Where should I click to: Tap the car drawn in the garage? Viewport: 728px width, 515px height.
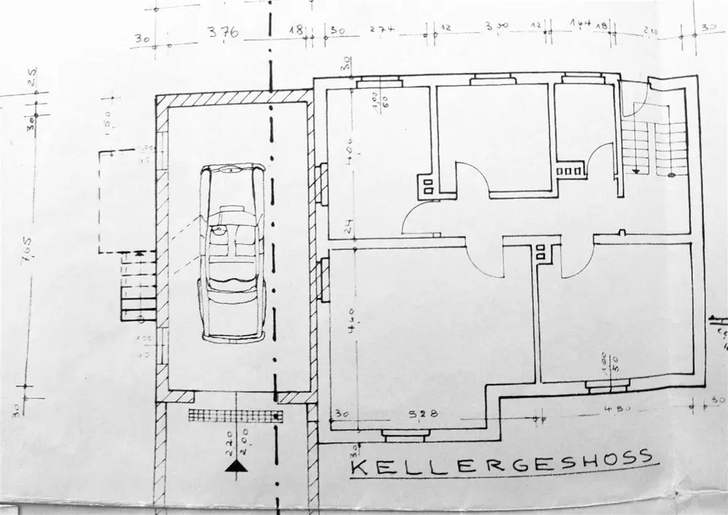click(234, 252)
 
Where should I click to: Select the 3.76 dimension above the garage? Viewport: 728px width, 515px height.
click(223, 34)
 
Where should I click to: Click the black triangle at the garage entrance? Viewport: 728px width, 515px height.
click(234, 467)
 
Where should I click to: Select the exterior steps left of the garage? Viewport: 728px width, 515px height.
click(138, 286)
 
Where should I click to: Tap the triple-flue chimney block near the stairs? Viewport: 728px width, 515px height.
click(569, 170)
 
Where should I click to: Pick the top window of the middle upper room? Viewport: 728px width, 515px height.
click(492, 81)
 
